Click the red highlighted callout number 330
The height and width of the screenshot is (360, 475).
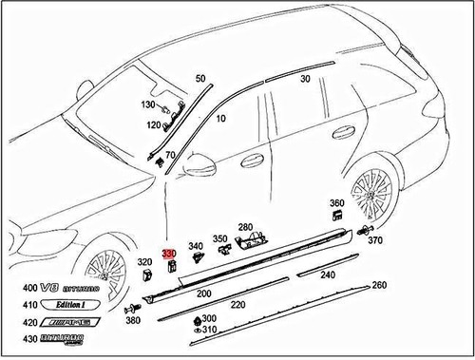169,255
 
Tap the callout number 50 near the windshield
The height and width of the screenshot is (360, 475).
199,78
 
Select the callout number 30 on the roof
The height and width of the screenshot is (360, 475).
305,79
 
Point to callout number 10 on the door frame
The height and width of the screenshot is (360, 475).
221,119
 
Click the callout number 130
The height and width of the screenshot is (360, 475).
148,104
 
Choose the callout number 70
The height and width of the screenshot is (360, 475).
171,154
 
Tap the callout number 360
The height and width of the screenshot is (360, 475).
337,204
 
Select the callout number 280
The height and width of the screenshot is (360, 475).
246,227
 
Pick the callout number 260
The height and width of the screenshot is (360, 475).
379,285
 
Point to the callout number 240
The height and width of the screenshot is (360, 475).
328,275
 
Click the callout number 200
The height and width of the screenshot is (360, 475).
203,294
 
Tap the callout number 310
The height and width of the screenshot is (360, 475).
209,330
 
